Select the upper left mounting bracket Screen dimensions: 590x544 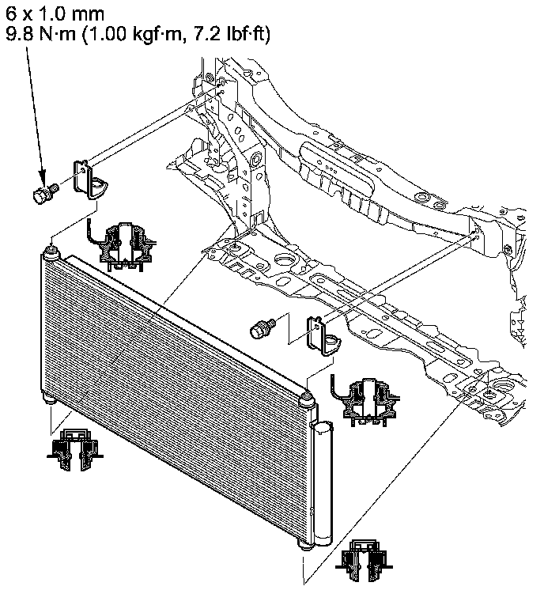[89, 178]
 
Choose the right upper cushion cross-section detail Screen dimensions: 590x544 [365, 399]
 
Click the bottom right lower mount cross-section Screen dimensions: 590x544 [363, 563]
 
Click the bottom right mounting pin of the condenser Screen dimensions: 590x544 [305, 546]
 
